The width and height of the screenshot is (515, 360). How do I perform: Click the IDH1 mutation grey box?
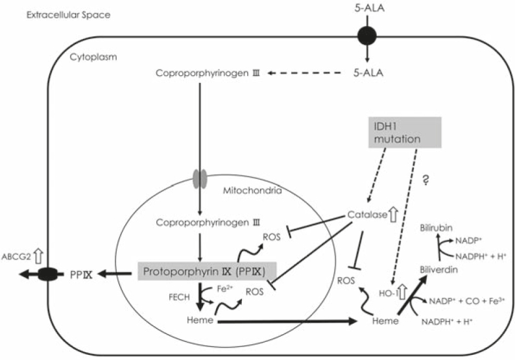click(396, 134)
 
